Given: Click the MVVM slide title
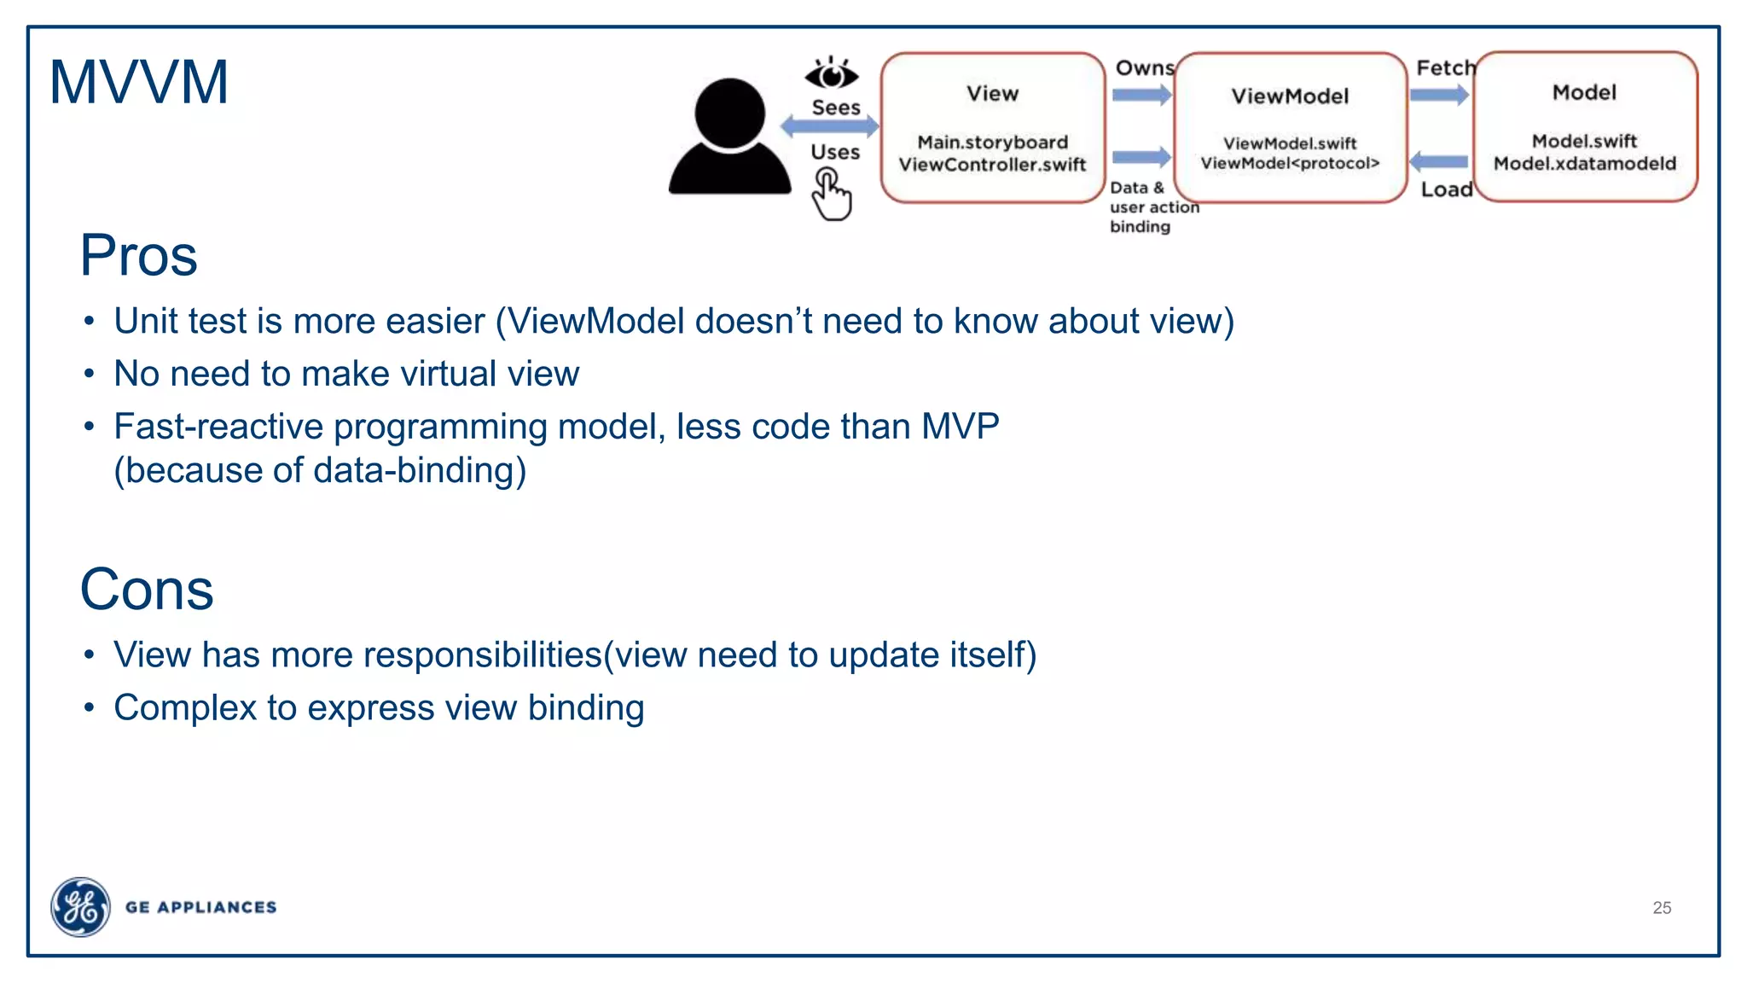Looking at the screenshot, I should [x=139, y=83].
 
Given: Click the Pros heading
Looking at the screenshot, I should [x=138, y=255].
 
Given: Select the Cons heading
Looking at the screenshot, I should [x=146, y=590].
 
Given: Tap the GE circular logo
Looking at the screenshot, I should [x=80, y=906].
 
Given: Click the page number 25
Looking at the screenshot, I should [x=1661, y=908].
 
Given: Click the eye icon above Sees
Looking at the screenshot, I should [x=832, y=74].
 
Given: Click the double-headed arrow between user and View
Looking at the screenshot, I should [x=829, y=127].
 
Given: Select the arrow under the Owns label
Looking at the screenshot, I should [x=1142, y=95].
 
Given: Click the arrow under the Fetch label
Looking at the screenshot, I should [x=1439, y=95].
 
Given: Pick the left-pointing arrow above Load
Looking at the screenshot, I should [x=1439, y=161].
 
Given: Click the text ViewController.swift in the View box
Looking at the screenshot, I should [x=992, y=165].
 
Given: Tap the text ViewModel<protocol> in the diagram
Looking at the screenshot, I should [x=1290, y=164].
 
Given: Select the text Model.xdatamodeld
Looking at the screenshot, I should [x=1584, y=164].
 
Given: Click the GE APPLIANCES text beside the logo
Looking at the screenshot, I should [x=200, y=907].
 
